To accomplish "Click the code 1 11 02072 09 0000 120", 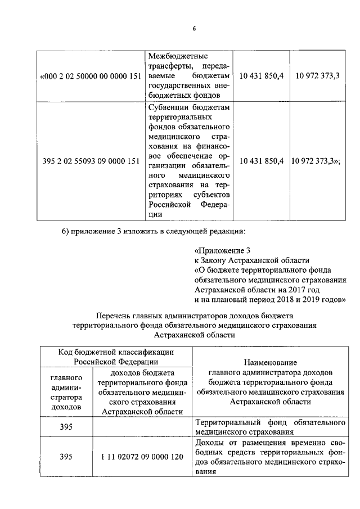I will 142,457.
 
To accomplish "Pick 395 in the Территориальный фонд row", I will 66,427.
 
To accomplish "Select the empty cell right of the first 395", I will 142,427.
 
